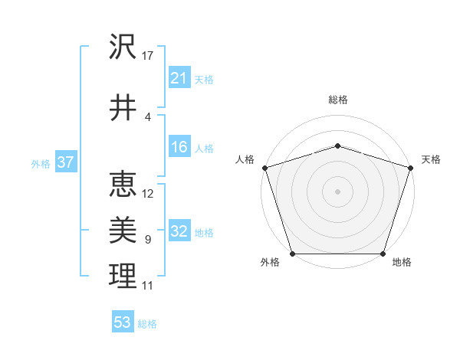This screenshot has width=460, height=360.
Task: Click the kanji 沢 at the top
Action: pos(123,47)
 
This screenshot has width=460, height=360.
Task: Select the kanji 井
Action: pos(123,108)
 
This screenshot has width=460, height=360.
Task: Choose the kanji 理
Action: pos(123,276)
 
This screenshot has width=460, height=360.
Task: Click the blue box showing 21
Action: pos(179,78)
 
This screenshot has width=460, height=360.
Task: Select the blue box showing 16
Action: pos(179,148)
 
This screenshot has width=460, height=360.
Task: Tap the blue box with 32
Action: pos(179,232)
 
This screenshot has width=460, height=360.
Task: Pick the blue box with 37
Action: pos(65,162)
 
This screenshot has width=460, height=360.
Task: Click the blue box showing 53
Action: pos(123,322)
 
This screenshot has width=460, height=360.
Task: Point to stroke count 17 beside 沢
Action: pos(148,56)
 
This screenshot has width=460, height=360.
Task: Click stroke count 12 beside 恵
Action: pos(148,193)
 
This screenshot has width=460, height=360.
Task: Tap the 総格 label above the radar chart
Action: pos(337,100)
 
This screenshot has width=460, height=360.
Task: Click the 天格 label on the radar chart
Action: pos(431,159)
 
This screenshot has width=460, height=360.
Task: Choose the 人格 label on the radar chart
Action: pos(245,159)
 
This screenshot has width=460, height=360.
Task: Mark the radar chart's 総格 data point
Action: pos(337,146)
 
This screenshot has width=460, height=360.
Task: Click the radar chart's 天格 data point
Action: pos(410,168)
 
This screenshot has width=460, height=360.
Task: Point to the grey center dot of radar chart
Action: pos(337,191)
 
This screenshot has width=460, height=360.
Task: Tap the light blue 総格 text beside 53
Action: pos(147,324)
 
